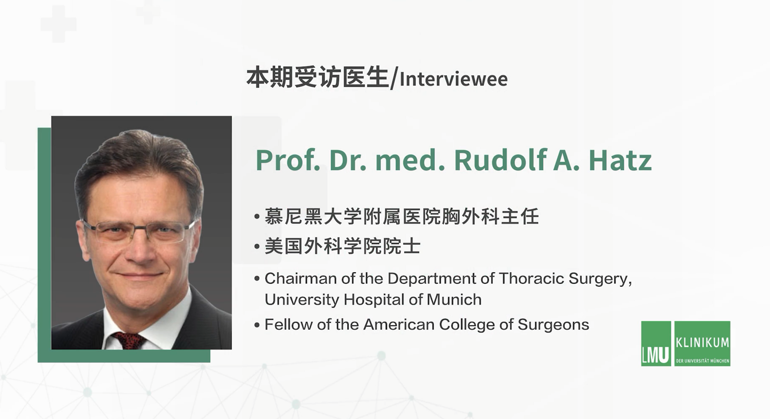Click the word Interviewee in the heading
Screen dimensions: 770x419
click(x=454, y=79)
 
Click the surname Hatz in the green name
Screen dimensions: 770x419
click(x=620, y=160)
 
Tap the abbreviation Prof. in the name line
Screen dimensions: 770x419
click(x=288, y=160)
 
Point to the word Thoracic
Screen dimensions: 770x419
click(x=531, y=278)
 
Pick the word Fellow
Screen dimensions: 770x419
click(x=288, y=324)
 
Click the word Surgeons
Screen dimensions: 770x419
click(x=553, y=324)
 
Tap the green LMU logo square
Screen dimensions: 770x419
click(x=656, y=343)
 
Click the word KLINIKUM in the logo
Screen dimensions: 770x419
click(x=702, y=342)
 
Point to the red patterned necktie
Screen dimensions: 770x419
click(x=129, y=340)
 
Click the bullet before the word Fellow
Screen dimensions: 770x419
click(x=257, y=325)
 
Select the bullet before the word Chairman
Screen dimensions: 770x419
click(x=257, y=279)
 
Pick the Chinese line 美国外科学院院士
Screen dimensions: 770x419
click(x=342, y=246)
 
